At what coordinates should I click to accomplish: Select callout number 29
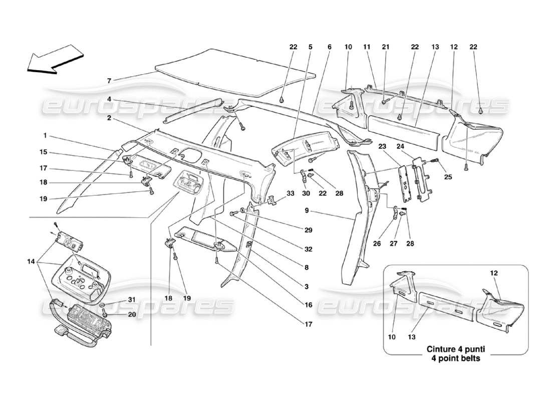coord(308,231)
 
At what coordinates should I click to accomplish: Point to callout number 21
coord(385,47)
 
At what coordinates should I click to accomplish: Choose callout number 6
coord(329,47)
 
